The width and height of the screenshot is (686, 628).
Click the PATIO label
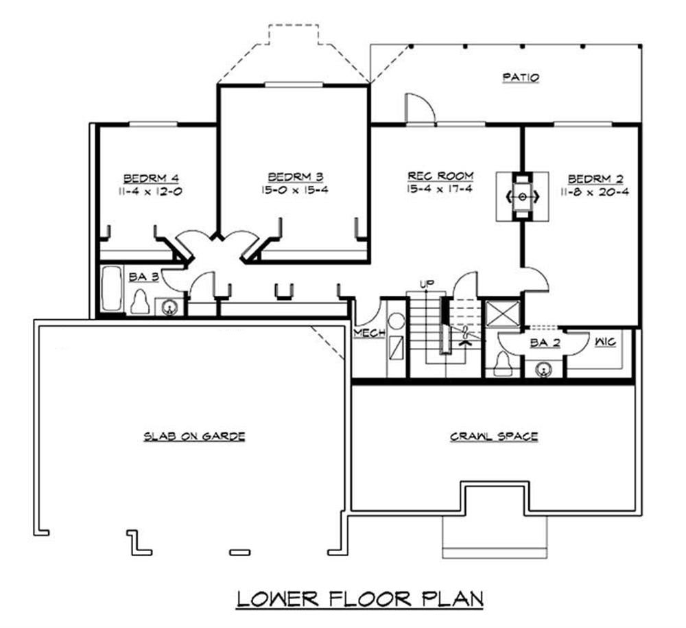(x=521, y=78)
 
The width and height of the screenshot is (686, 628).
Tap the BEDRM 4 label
(x=151, y=175)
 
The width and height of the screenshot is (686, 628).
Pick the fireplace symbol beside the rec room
(x=521, y=196)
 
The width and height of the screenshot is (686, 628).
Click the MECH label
(x=368, y=334)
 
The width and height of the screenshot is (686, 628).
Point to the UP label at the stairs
(x=425, y=283)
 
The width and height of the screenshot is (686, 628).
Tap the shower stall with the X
(x=500, y=316)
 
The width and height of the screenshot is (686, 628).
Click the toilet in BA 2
(x=504, y=363)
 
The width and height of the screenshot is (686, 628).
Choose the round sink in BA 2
(x=545, y=369)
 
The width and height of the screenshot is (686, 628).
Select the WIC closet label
(x=605, y=341)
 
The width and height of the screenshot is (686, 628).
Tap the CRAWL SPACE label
(x=493, y=436)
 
